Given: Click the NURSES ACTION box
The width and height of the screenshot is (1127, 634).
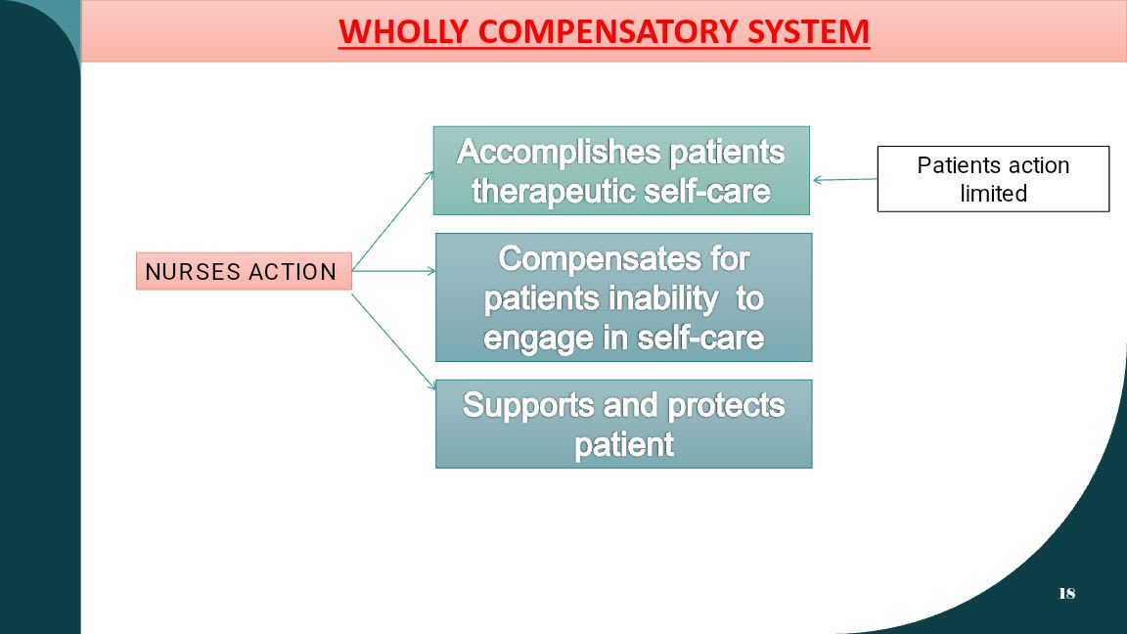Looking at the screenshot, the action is [x=244, y=271].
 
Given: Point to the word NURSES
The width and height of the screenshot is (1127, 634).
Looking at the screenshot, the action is [x=193, y=272].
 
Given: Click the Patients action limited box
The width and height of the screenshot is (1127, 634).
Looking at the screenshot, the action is [x=993, y=179].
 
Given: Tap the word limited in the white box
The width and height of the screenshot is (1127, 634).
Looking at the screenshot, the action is [x=993, y=194].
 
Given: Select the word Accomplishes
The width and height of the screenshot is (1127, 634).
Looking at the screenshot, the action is [x=559, y=153].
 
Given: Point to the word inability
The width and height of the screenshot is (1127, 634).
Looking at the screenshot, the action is [x=661, y=299].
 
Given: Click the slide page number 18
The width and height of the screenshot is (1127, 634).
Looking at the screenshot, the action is [x=1066, y=593].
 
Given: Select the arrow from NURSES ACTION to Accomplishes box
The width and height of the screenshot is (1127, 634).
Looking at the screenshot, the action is [x=393, y=219].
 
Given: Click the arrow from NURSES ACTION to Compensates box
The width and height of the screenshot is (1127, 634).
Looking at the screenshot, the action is [x=394, y=271].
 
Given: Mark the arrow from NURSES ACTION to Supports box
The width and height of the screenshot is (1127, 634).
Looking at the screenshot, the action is [x=394, y=342].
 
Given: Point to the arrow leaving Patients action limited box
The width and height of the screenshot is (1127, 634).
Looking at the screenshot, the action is [x=845, y=180].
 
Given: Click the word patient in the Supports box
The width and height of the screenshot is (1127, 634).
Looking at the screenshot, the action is [x=624, y=445].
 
